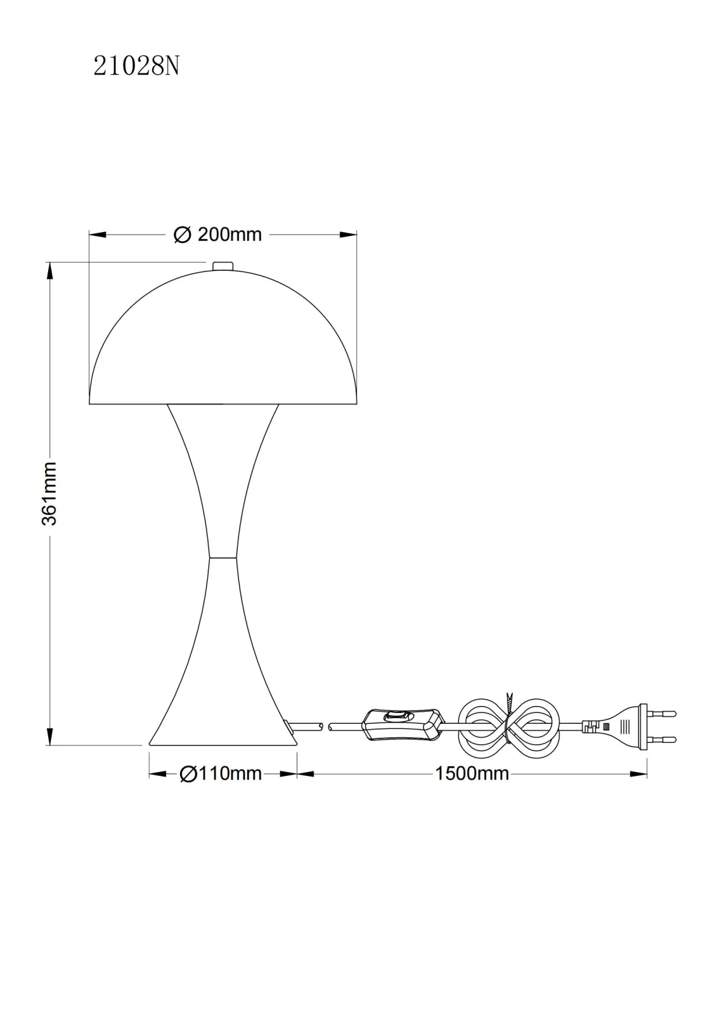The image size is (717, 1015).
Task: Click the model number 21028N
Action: [x=136, y=67]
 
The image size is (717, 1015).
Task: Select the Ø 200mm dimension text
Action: [x=218, y=235]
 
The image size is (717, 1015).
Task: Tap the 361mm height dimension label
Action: [x=49, y=494]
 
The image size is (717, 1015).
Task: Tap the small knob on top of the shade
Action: [x=223, y=266]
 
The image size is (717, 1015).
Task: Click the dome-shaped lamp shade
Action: [x=223, y=337]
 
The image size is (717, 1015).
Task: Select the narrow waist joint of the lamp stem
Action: [x=223, y=557]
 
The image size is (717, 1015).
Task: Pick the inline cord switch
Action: [x=402, y=730]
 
